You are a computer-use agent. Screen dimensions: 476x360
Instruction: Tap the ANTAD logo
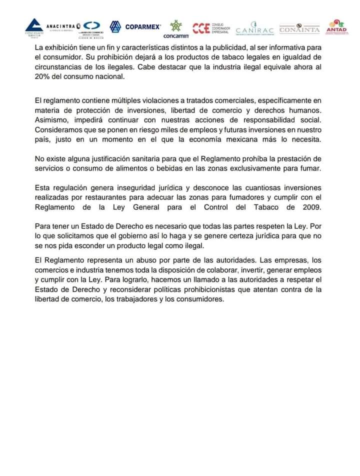point(336,27)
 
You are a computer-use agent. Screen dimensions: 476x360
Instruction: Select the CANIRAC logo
point(254,30)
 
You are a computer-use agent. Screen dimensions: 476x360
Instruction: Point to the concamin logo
point(175,29)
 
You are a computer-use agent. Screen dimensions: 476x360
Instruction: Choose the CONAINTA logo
point(299,28)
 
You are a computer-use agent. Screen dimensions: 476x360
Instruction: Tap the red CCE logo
point(201,27)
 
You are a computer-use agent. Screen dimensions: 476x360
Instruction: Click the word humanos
point(304,111)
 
